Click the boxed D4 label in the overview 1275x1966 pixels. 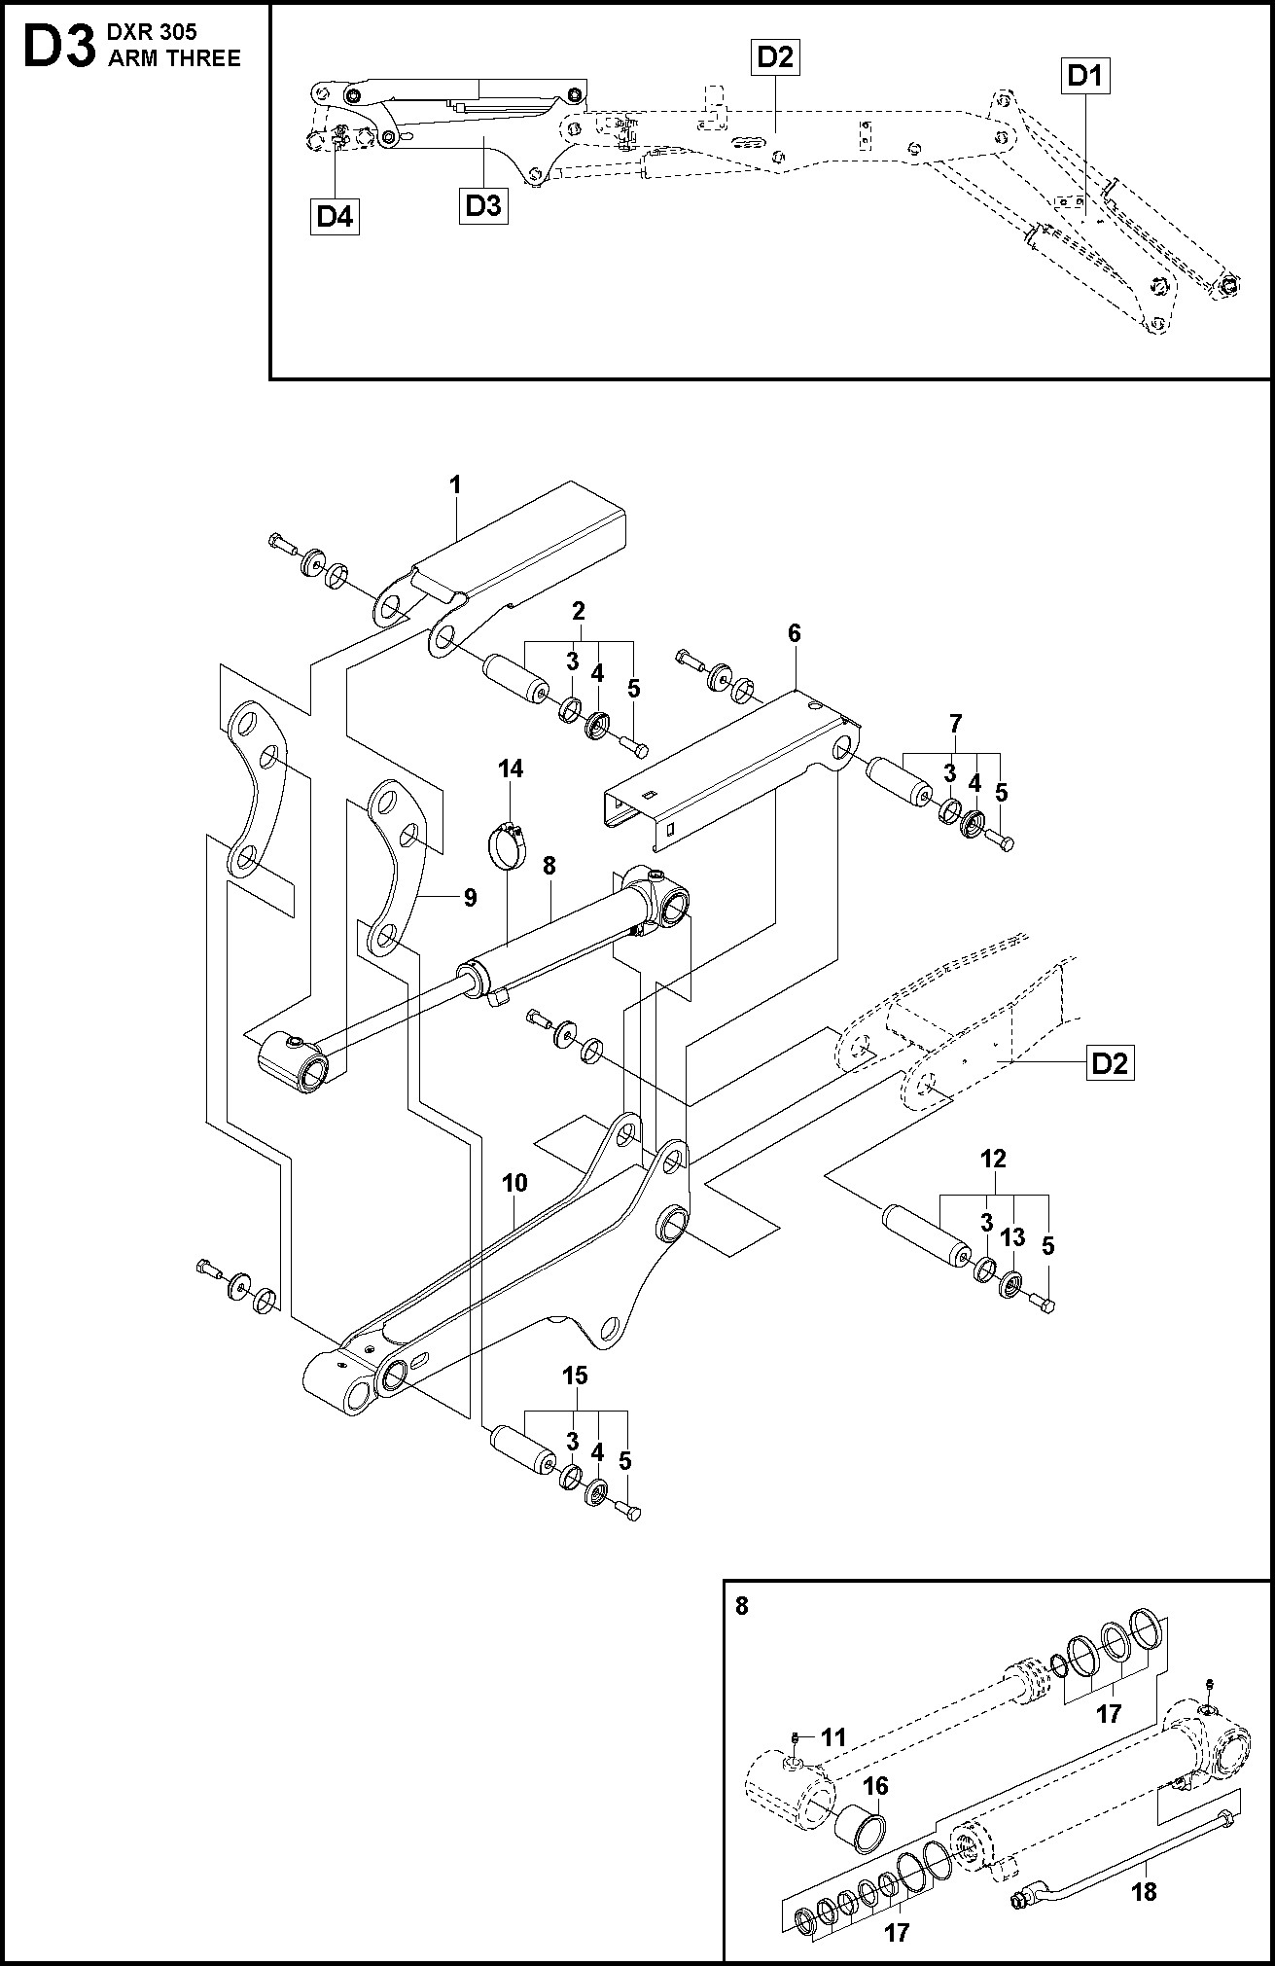click(335, 217)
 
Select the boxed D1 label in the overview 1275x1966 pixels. click(1084, 76)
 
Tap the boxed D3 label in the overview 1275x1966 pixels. click(484, 206)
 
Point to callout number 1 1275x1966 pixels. click(455, 483)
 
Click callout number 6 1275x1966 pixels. click(795, 633)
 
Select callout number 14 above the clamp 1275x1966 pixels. click(511, 769)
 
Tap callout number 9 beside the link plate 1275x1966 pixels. click(470, 897)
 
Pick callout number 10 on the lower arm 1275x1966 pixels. click(514, 1183)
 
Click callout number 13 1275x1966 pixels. click(1012, 1236)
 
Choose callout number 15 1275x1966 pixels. click(575, 1376)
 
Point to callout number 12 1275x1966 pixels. click(994, 1159)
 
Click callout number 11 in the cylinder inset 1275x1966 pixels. click(833, 1737)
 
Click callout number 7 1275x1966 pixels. click(955, 723)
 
